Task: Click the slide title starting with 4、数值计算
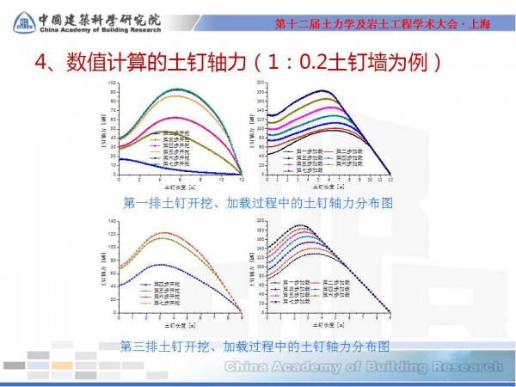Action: pos(239,63)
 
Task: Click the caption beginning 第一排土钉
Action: pos(258,204)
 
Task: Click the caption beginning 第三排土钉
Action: pos(258,346)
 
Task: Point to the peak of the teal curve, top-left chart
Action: pos(177,89)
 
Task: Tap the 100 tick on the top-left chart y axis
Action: pos(112,83)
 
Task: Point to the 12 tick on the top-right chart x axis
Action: pos(390,179)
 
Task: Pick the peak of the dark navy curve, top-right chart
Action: pos(322,90)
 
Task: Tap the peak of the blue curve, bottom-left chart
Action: pos(158,265)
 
